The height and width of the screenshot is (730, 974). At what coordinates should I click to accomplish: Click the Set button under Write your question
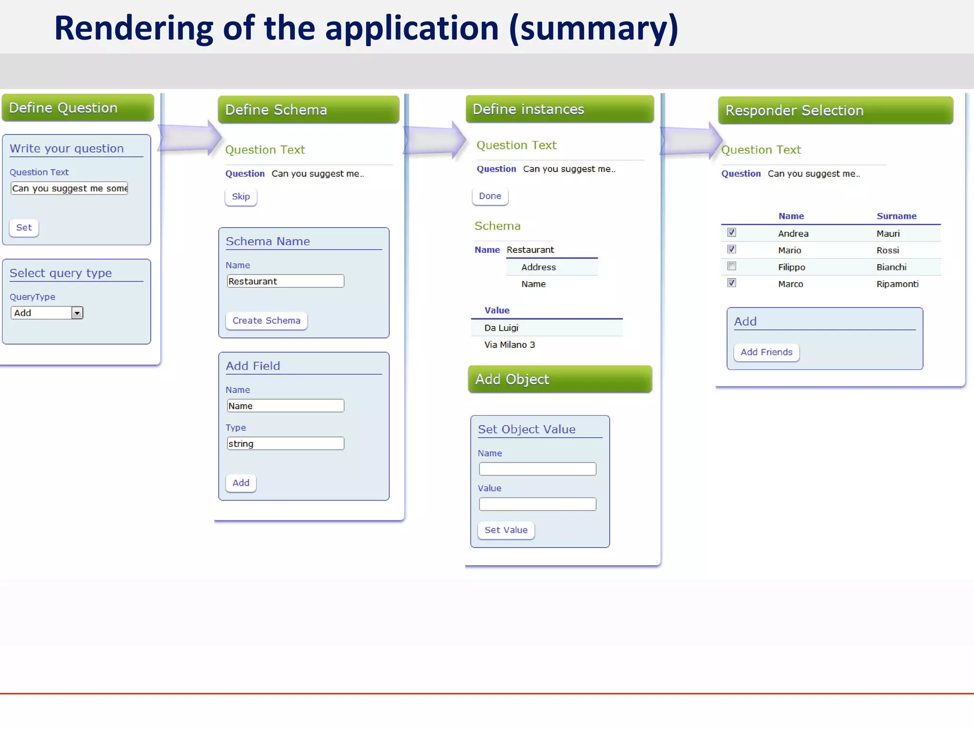[x=24, y=228]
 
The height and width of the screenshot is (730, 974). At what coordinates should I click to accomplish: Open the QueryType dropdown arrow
[x=77, y=313]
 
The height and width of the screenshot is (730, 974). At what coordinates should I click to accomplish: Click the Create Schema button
[x=266, y=321]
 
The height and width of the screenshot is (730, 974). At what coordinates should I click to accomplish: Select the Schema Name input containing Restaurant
[x=285, y=281]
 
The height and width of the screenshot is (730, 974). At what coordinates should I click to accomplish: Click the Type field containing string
[x=285, y=444]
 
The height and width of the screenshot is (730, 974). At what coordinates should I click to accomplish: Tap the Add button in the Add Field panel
[x=241, y=483]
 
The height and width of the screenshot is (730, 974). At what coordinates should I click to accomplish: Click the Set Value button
[x=506, y=530]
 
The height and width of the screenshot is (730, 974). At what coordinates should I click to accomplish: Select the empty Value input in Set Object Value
[x=537, y=504]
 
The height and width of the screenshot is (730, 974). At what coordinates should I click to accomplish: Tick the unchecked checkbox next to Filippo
[x=732, y=266]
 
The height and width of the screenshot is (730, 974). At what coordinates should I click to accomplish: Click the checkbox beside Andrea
[x=732, y=232]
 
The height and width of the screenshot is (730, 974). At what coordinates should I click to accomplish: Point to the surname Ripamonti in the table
[x=897, y=284]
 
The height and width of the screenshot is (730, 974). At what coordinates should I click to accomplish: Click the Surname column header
[x=896, y=216]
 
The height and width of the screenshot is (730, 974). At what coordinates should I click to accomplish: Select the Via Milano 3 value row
[x=509, y=345]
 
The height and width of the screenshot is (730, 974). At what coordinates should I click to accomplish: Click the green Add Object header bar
[x=560, y=379]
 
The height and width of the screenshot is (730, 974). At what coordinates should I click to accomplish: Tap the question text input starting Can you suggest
[x=69, y=189]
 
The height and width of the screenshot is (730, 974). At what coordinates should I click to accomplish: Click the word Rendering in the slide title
[x=133, y=29]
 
